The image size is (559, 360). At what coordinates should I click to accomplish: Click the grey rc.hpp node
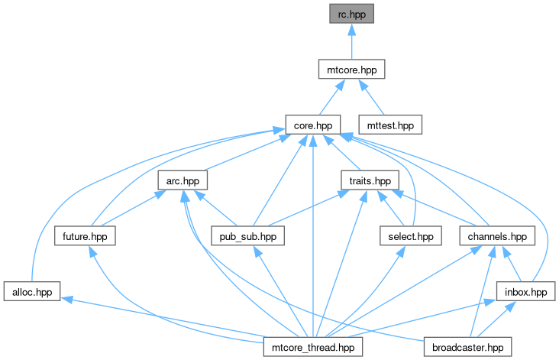pos(351,14)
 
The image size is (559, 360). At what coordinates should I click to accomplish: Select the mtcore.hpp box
pos(351,70)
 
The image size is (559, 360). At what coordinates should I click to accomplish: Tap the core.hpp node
pos(313,125)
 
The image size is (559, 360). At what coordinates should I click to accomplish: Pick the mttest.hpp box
pos(390,125)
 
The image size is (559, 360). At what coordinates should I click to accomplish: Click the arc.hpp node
pos(183,180)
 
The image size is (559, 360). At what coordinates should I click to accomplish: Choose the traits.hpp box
pos(370,180)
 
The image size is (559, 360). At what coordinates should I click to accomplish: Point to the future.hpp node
pos(85,236)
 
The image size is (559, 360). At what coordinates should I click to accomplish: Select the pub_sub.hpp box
pos(247,236)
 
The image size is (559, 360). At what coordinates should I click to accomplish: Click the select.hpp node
pos(411,236)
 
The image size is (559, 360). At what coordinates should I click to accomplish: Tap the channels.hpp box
pos(497,236)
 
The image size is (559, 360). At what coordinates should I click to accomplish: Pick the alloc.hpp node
pos(32,291)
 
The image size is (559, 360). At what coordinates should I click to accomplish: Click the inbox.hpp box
pos(526,291)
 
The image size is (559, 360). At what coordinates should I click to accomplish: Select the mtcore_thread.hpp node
pos(313,347)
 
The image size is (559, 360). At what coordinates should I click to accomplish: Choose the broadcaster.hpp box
pos(467,347)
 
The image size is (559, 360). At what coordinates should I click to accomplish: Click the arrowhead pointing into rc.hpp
pos(352,29)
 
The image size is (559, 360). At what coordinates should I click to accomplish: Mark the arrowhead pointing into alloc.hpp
pos(66,300)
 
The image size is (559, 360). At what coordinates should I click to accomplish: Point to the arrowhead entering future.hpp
pos(92,251)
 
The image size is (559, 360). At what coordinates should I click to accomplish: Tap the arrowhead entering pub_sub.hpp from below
pos(257,251)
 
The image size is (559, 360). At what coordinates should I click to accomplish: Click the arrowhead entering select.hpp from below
pos(402,251)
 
